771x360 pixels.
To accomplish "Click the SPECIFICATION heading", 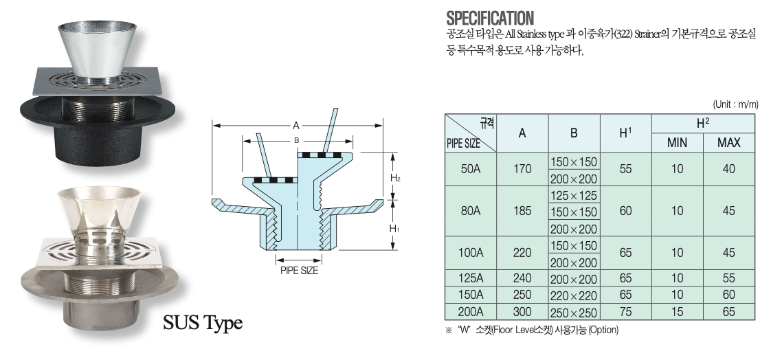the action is coord(490,19).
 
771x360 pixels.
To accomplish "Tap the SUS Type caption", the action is coord(203,323).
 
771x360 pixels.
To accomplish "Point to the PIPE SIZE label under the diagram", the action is coord(299,271).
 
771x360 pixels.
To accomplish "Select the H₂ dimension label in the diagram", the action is coord(395,178).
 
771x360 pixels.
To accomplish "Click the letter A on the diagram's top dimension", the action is coord(296,126).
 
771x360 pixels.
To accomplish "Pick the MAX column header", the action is coord(728,143).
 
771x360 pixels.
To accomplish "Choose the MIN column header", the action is coord(677,143).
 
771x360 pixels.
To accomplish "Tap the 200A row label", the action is coord(471,312).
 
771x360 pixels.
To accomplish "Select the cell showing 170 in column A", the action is coord(522,169).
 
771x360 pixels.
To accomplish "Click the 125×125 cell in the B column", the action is coord(574,195).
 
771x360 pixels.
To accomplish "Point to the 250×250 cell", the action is coord(574,313).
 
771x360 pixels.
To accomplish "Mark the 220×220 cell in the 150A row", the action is coord(574,295).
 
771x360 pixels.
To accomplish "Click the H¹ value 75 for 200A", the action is coord(625,312).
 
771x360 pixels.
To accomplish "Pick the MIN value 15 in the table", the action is coord(677,312).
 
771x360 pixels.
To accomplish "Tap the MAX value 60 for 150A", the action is coord(728,295).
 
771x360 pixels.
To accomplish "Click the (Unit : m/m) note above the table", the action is coord(735,104).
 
